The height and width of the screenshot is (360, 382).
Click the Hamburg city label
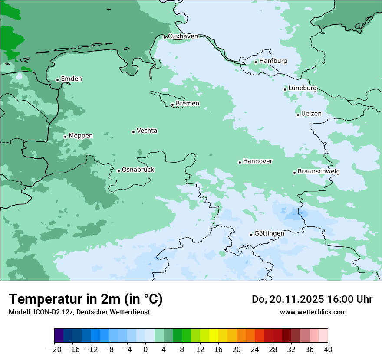pos(273,61)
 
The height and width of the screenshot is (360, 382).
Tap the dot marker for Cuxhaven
pos(165,37)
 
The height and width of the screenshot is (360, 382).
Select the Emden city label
pos(71,79)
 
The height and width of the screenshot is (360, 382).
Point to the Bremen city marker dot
pos(172,105)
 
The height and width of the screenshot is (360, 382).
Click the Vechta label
pos(147,131)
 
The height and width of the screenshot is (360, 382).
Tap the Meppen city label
pos(80,136)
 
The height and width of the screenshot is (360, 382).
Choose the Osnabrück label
pos(138,170)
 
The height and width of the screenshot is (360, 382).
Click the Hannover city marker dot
pos(240,162)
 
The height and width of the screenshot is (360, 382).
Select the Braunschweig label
pos(318,172)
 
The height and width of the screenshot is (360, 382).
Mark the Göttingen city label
pos(269,233)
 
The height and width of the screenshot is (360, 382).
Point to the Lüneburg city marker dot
pos(285,89)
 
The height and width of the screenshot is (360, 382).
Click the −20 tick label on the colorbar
pos(54,350)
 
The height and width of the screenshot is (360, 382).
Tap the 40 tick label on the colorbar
pos(328,350)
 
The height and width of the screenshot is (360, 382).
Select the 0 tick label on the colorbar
pos(145,350)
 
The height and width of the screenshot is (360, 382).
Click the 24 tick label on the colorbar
pos(255,350)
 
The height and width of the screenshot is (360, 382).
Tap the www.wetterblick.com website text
pos(313,312)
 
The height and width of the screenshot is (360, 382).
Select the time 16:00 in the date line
pos(337,299)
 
